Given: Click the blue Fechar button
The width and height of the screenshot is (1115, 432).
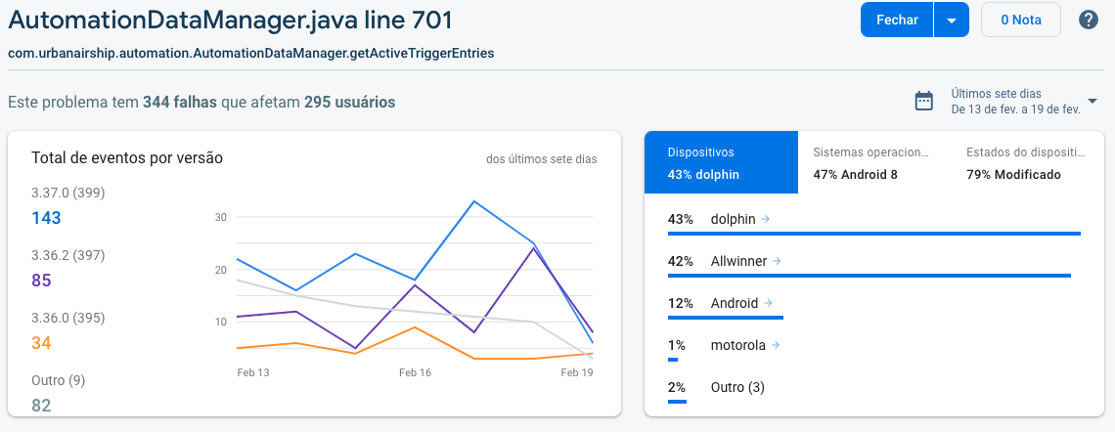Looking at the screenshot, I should click(x=896, y=21).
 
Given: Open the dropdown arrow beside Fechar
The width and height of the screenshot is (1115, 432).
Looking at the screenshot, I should click(x=951, y=21).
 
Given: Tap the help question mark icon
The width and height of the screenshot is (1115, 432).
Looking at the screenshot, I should click(x=1088, y=21).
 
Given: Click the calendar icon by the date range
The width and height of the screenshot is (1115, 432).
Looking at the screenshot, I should click(x=923, y=102).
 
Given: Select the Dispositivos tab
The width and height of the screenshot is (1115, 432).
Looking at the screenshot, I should click(x=721, y=163).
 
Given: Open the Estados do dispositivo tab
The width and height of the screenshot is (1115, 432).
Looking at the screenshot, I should click(x=1026, y=163).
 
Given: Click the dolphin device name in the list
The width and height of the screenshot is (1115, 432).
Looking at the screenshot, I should click(x=734, y=219).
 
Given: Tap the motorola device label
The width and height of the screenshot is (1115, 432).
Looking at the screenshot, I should click(x=738, y=345).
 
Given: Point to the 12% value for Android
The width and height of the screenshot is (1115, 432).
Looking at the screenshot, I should click(x=680, y=303).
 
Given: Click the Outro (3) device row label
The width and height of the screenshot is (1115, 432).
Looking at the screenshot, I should click(x=737, y=387).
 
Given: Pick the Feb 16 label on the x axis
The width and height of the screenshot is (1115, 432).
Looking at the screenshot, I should click(x=415, y=373).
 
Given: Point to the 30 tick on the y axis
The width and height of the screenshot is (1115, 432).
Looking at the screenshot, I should click(x=221, y=217).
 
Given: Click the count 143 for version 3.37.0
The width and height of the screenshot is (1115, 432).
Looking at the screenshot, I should click(x=47, y=218).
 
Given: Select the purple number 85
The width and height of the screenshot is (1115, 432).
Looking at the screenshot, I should click(x=41, y=281).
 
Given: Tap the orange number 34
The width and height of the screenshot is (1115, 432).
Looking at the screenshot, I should click(x=41, y=343).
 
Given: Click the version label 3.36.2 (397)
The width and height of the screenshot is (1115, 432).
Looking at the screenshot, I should click(x=68, y=255).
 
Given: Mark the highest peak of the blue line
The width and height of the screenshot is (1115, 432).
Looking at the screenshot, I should click(x=474, y=201).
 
